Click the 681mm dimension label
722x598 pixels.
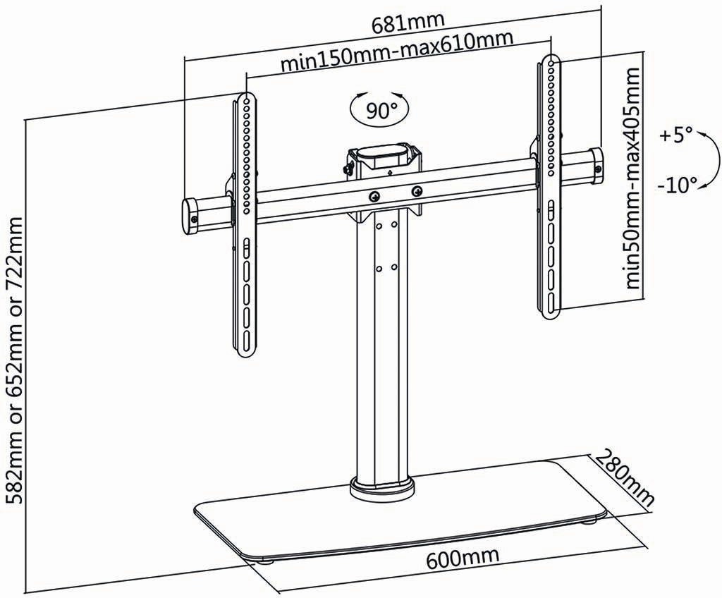408,23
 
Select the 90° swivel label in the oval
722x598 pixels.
381,110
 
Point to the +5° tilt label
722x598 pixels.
675,135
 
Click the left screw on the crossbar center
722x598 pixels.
374,196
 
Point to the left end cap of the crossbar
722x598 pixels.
191,217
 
